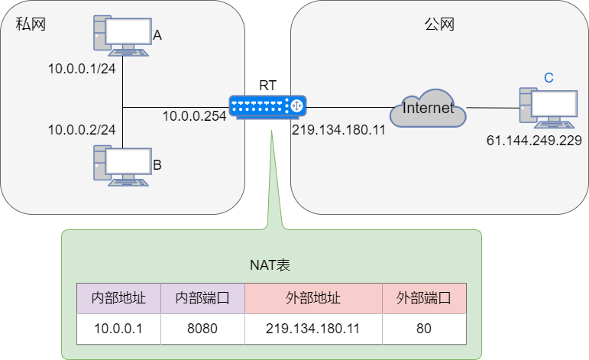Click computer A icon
point(121,34)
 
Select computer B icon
point(121,164)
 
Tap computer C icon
point(548,108)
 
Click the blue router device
point(267,107)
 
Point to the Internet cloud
point(428,108)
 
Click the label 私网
point(31,24)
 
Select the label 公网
point(439,24)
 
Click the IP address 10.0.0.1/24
point(82,69)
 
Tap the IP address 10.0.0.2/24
point(82,129)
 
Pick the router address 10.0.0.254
point(194,116)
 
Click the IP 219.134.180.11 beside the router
point(338,129)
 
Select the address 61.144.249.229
point(534,141)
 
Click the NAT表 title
point(270,265)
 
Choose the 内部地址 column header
point(118,298)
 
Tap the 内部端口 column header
point(202,298)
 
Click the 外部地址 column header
point(313,298)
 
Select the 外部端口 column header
point(424,298)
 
